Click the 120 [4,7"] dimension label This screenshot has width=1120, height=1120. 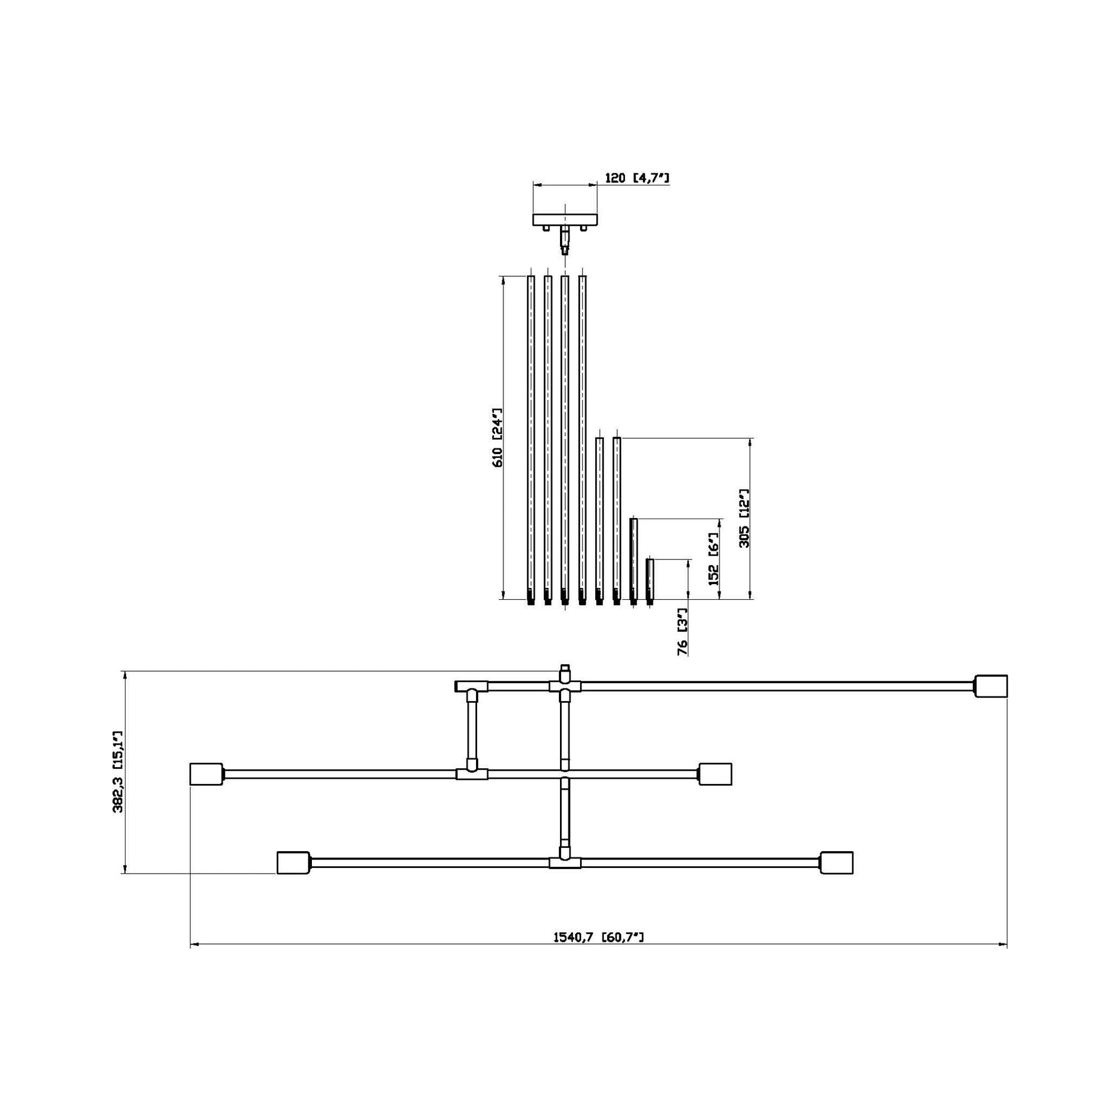click(637, 178)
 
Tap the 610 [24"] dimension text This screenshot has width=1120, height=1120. click(497, 438)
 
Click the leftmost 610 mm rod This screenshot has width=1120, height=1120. click(531, 438)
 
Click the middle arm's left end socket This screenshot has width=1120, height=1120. click(207, 774)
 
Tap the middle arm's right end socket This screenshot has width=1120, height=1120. click(715, 774)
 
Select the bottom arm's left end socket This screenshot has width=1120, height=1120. click(294, 863)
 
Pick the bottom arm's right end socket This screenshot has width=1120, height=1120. click(836, 863)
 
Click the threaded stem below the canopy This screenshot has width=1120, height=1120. click(565, 240)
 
